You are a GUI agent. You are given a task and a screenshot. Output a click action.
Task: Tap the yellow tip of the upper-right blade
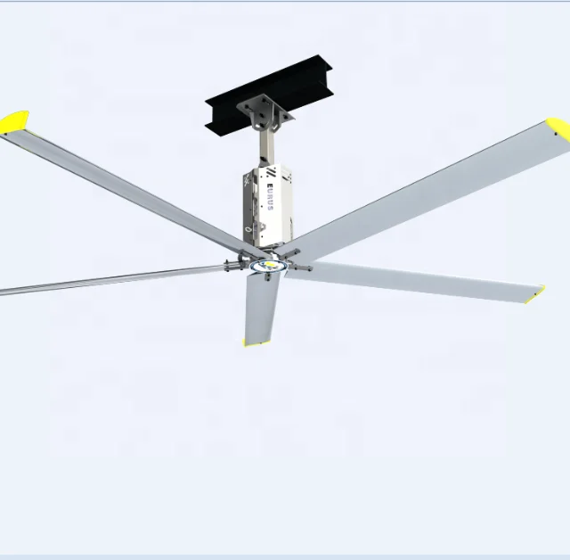click(x=558, y=130)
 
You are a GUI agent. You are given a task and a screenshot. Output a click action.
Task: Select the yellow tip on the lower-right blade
click(x=534, y=292)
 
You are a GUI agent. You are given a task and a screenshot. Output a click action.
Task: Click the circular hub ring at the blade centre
click(x=266, y=264)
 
